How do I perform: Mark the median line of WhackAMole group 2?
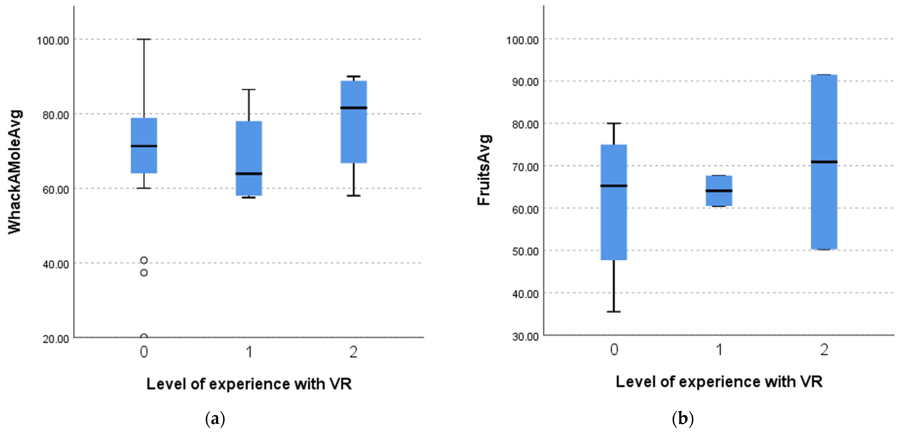tap(354, 108)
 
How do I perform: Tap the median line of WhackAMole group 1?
tap(249, 173)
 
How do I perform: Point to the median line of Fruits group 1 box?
tap(719, 191)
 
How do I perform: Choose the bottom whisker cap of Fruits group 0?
tap(614, 311)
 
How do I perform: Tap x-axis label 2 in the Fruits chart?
tap(824, 350)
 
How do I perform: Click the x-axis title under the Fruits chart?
tap(719, 382)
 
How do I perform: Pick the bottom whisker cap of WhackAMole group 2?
tap(354, 196)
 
